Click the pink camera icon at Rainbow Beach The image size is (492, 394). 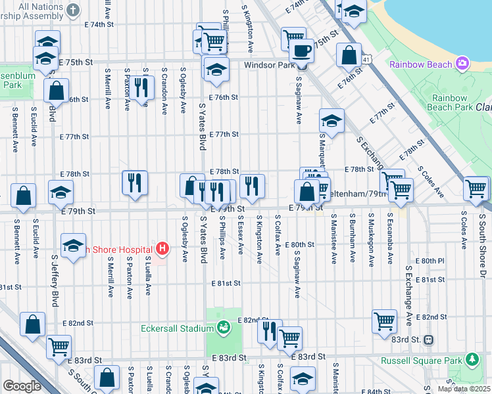coord(463,64)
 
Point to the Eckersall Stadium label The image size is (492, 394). coord(178,328)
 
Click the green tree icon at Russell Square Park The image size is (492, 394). coord(471,359)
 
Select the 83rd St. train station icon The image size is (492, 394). coord(428,339)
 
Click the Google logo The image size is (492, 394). coord(22,386)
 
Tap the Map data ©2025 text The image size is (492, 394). coord(464,389)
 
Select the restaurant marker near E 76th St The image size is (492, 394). coord(140,86)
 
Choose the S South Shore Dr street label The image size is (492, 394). coord(482,236)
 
